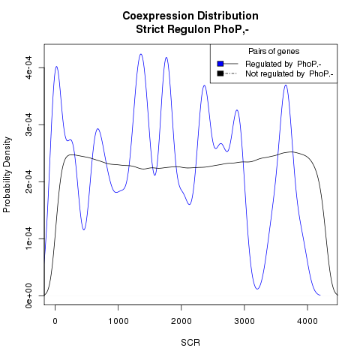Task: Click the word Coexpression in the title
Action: click(x=158, y=16)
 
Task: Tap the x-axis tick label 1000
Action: click(x=118, y=321)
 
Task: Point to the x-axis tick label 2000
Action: click(x=181, y=321)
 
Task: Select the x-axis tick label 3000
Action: click(x=244, y=321)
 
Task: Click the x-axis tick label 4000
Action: click(x=307, y=321)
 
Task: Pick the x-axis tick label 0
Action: click(x=55, y=321)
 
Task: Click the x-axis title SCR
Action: click(x=190, y=343)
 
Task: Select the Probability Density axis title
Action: click(x=7, y=175)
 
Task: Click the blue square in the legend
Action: click(x=220, y=64)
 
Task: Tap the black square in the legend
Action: click(x=220, y=73)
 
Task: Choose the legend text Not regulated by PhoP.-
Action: click(x=289, y=74)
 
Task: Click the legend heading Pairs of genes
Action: click(x=274, y=52)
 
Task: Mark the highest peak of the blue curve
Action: click(x=141, y=54)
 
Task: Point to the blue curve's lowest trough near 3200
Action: click(x=257, y=289)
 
